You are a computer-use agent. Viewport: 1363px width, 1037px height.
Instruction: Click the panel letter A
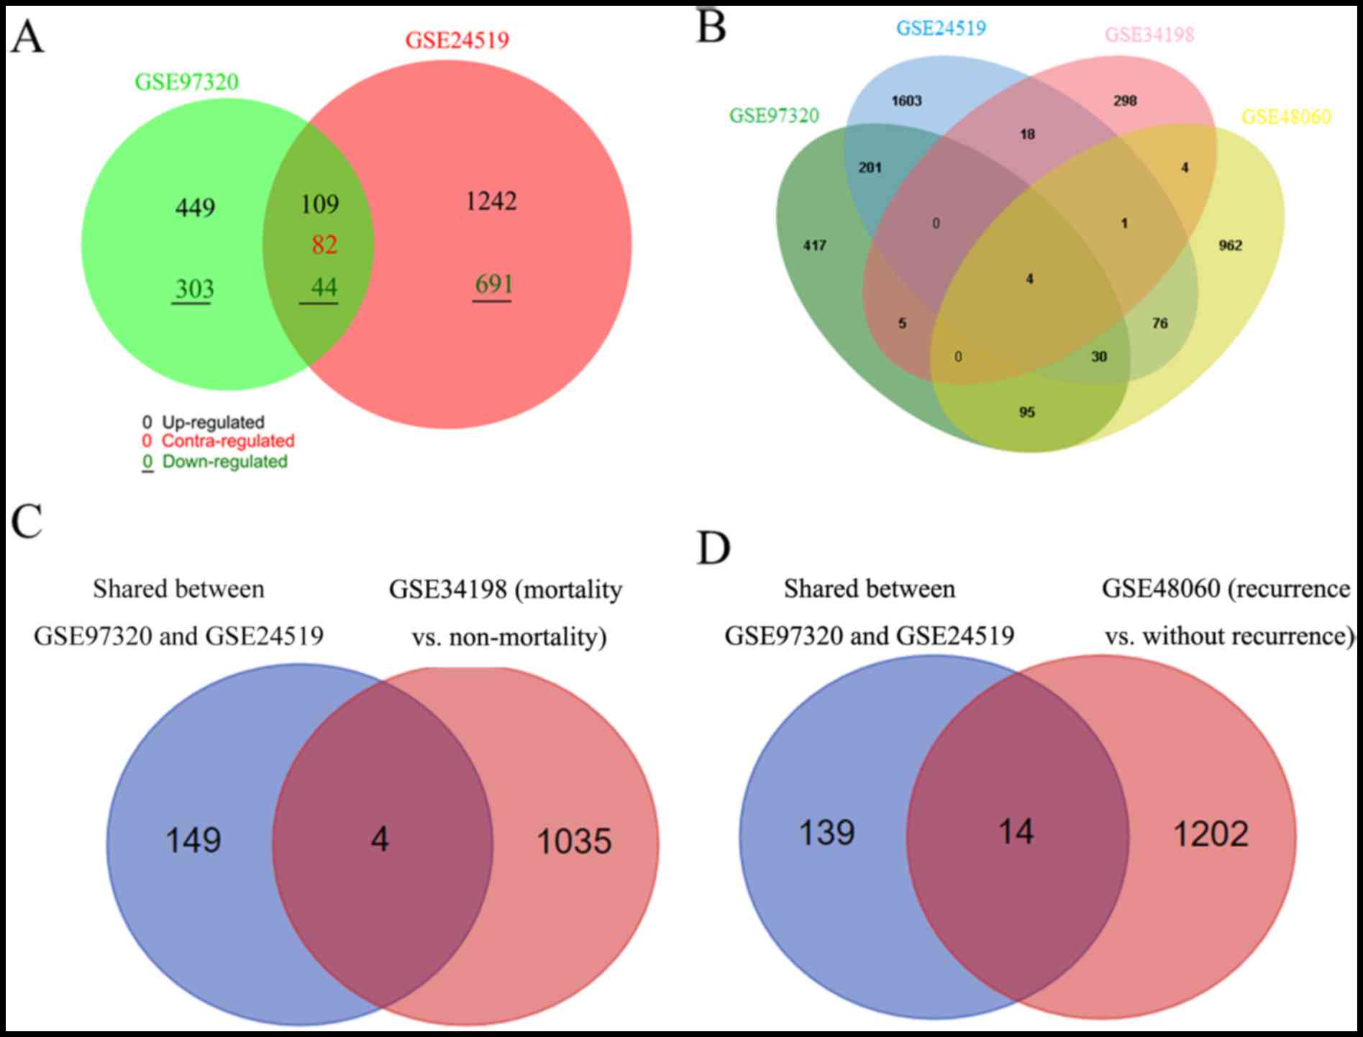coord(27,38)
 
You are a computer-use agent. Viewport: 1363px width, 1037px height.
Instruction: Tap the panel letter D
coord(714,548)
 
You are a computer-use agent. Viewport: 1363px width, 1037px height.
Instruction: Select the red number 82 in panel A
coord(324,245)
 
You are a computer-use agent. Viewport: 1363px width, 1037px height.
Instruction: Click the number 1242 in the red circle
coord(491,201)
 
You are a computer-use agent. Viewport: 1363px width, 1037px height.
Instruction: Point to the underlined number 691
coord(493,285)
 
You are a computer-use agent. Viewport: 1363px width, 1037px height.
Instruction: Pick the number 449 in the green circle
coord(195,208)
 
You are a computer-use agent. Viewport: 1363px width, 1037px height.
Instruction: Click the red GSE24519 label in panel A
coord(457,40)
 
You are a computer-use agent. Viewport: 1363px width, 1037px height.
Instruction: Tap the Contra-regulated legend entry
coord(227,441)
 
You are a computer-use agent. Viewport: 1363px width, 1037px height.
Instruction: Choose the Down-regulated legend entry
coord(224,462)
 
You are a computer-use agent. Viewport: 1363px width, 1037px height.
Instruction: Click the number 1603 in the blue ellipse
coord(906,101)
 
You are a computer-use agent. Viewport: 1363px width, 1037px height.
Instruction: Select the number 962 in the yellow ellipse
coord(1230,246)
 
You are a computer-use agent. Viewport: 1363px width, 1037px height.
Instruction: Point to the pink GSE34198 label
coord(1149,35)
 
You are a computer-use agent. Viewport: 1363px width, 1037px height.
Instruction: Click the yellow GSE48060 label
coord(1286,117)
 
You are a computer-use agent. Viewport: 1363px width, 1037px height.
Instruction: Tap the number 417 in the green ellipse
coord(814,246)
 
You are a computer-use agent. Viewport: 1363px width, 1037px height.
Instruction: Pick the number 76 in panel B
coord(1159,324)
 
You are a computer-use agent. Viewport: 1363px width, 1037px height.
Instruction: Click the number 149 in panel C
coord(193,840)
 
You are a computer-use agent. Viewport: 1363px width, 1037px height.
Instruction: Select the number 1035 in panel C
coord(574,841)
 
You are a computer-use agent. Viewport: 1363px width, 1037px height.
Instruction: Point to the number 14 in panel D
coord(1016,833)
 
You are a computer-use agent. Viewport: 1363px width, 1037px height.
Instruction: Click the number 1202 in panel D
coord(1211,834)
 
